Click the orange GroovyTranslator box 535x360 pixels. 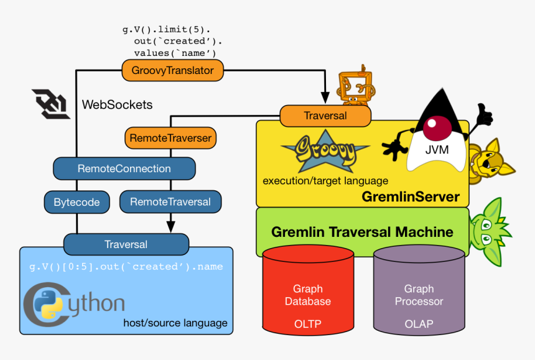[172, 70]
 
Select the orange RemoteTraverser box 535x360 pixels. [170, 138]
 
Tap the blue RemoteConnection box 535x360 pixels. [124, 168]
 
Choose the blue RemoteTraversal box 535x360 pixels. [170, 202]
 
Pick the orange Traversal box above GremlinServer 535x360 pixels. [325, 116]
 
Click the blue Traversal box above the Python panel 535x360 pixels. [126, 244]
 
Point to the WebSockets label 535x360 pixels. [117, 104]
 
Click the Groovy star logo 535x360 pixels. [324, 152]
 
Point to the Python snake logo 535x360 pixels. [47, 304]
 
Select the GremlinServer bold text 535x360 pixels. [410, 197]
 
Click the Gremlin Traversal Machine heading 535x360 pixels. [362, 232]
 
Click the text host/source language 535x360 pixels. [175, 323]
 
